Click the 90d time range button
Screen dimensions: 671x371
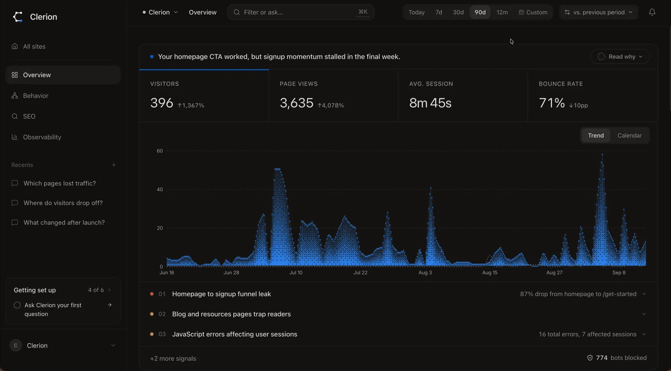pyautogui.click(x=480, y=12)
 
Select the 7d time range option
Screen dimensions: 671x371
pyautogui.click(x=439, y=12)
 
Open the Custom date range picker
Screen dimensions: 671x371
pyautogui.click(x=533, y=12)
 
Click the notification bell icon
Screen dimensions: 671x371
pyautogui.click(x=652, y=12)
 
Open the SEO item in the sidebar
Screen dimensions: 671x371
pyautogui.click(x=29, y=116)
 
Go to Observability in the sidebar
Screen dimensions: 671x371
pyautogui.click(x=42, y=137)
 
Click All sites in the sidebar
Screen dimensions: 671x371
pyautogui.click(x=34, y=47)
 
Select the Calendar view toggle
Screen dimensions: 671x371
pyautogui.click(x=629, y=135)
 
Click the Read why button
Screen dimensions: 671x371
pyautogui.click(x=620, y=56)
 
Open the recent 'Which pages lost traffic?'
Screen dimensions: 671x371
pyautogui.click(x=59, y=183)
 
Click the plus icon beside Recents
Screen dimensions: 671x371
pyautogui.click(x=114, y=165)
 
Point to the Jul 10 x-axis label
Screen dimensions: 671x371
pyautogui.click(x=296, y=273)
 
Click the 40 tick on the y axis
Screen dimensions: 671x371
pyautogui.click(x=160, y=189)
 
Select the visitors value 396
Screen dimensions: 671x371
pyautogui.click(x=162, y=103)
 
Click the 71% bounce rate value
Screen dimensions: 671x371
pyautogui.click(x=552, y=103)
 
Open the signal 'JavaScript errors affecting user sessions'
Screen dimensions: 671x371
pyautogui.click(x=234, y=334)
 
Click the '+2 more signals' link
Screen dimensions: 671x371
pyautogui.click(x=173, y=358)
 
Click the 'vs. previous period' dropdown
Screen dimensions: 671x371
pyautogui.click(x=599, y=12)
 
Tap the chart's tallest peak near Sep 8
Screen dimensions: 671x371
pyautogui.click(x=602, y=154)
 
